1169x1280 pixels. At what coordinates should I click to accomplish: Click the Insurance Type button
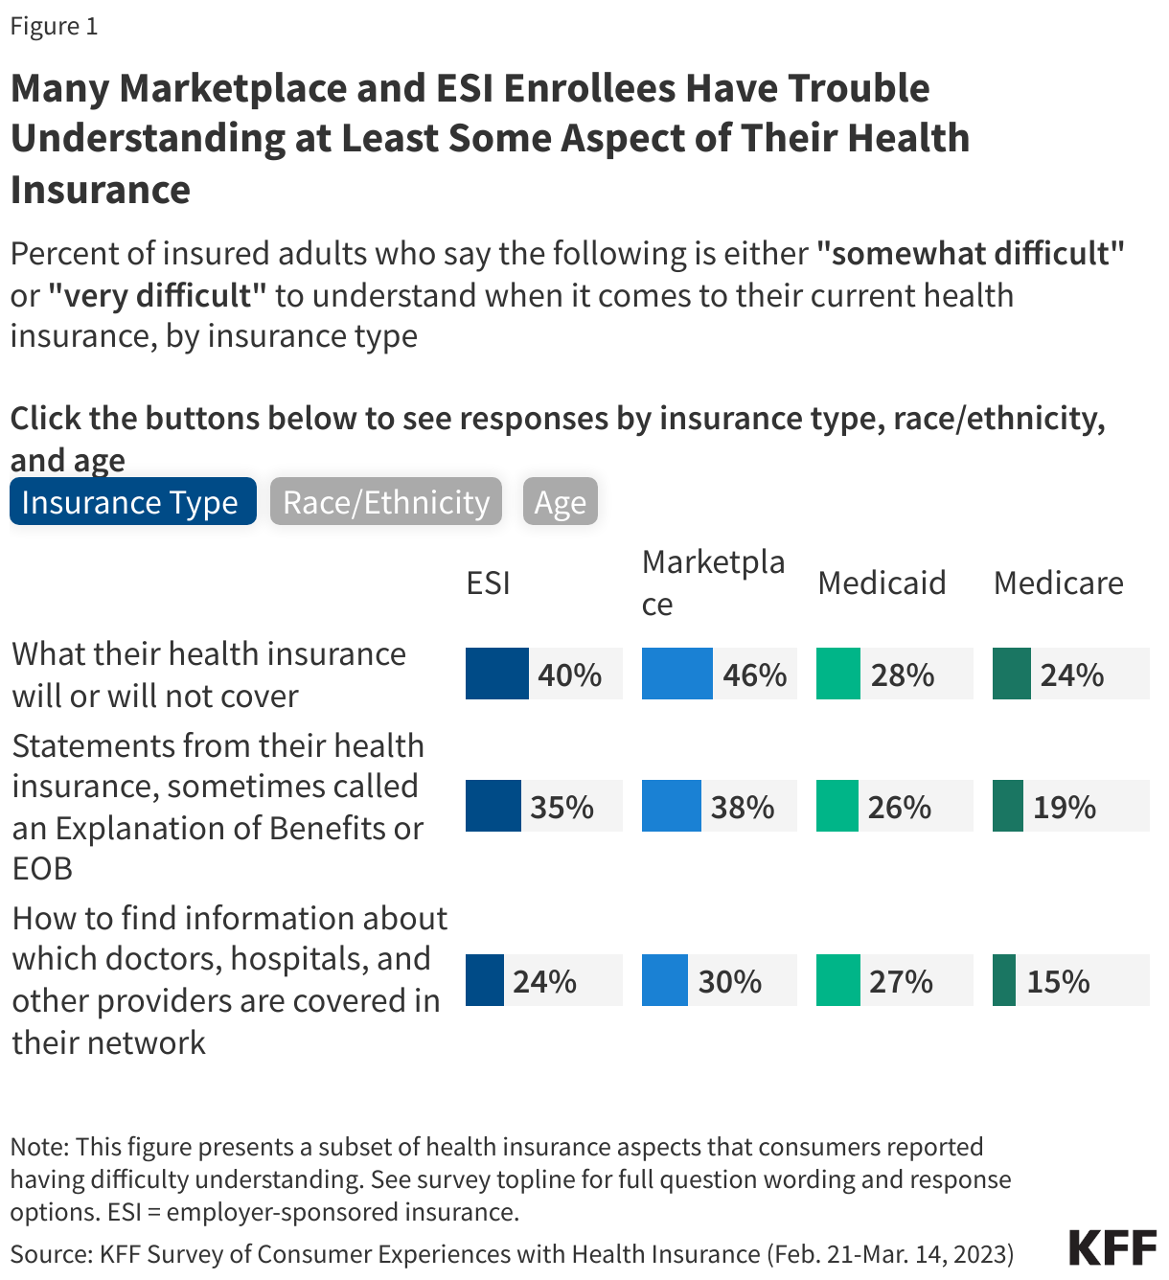132,502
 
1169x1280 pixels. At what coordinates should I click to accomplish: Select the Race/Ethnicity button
385,502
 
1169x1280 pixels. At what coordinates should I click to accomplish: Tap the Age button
560,502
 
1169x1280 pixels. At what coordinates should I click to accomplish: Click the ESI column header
488,583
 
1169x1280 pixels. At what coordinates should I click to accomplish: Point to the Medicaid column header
882,583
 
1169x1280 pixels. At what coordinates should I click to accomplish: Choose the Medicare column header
1058,583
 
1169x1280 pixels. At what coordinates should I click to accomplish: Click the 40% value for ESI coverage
569,674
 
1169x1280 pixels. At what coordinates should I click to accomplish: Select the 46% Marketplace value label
754,674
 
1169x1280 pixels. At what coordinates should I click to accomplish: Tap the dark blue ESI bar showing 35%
493,806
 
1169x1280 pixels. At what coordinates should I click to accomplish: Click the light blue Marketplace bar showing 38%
671,806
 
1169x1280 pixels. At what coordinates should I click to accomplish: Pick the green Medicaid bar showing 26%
837,806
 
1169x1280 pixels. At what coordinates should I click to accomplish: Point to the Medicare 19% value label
1064,807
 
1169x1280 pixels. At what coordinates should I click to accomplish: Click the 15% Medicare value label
1058,981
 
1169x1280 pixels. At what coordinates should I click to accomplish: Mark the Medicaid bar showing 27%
837,980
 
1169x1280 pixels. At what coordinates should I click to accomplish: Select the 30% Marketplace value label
729,981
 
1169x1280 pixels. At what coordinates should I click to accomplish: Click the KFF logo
1112,1247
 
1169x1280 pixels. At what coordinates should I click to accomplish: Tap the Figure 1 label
54,26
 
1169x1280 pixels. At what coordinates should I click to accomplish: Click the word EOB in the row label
42,868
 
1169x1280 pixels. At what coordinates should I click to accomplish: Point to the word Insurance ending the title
101,189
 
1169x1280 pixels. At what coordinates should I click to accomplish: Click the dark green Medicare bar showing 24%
1011,674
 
